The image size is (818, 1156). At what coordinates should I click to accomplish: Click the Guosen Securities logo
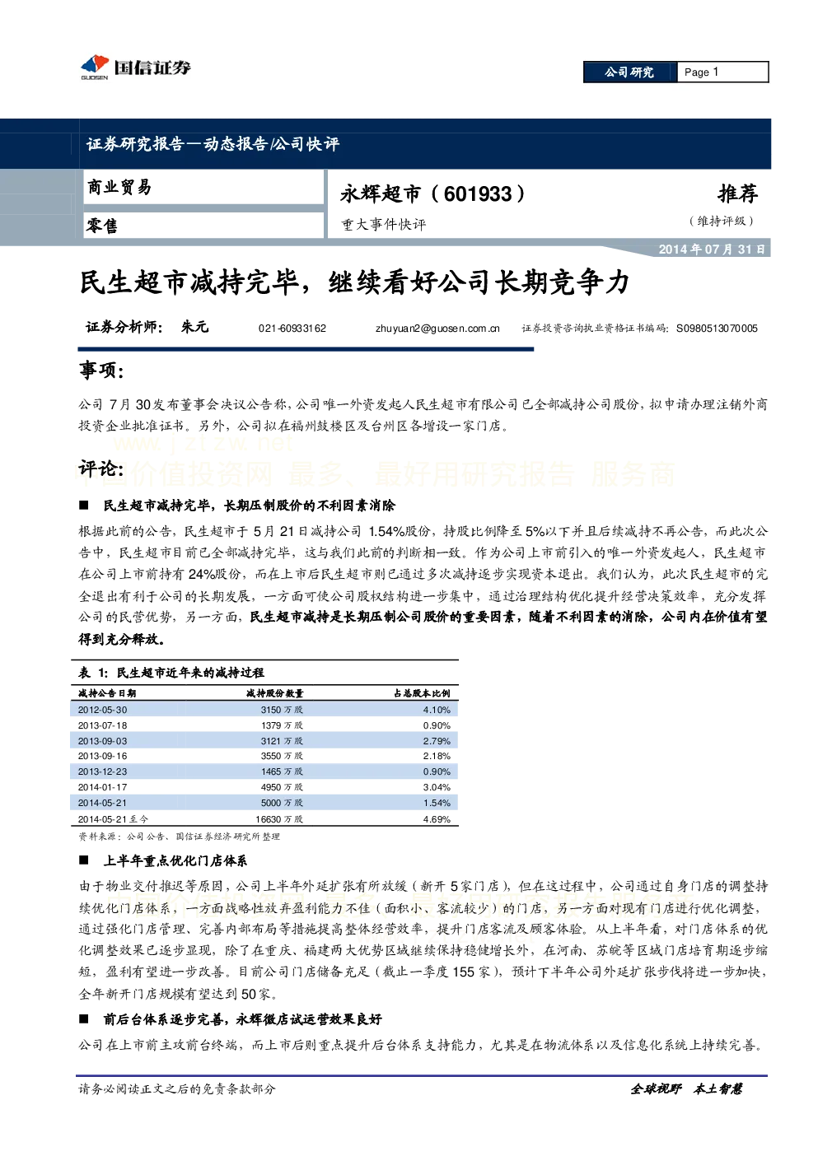coord(136,67)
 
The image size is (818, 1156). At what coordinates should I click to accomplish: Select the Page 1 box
coord(722,72)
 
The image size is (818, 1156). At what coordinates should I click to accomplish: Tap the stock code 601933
coord(478,193)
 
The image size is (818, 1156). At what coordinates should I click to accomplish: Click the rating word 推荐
coord(737,193)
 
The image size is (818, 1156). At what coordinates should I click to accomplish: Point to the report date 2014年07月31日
coord(711,249)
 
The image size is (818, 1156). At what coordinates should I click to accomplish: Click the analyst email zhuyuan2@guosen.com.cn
coord(437,329)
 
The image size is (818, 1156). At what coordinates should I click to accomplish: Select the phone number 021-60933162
coord(292,329)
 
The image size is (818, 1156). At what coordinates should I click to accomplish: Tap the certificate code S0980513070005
coord(717,329)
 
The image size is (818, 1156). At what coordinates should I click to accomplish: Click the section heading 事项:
coord(101,370)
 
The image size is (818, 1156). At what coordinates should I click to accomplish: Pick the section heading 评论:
coord(101,468)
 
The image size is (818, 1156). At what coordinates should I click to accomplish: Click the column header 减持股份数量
coord(275,693)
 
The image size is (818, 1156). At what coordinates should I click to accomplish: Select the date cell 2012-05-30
coord(102,710)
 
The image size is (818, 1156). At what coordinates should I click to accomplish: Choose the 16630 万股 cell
coord(279,819)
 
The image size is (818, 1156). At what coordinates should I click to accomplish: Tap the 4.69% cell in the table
coord(437,819)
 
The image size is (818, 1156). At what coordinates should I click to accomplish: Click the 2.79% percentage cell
coord(437,741)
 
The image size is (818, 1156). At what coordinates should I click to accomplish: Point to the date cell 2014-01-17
coord(102,787)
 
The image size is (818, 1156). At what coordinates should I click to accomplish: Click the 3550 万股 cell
coord(282,756)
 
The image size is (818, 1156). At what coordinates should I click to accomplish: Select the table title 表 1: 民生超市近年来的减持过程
coord(171,673)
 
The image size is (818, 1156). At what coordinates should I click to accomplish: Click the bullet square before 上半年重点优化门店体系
coord(84,860)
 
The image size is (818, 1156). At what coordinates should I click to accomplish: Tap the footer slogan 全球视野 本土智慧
coord(686,1089)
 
